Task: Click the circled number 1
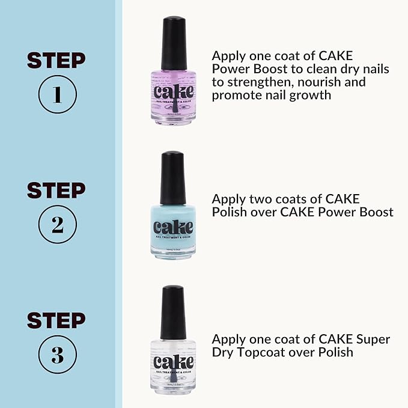point(56,94)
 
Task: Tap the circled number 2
point(56,225)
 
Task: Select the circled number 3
point(56,355)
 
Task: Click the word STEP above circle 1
point(56,61)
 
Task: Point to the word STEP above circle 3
point(56,321)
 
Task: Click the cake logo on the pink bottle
point(173,91)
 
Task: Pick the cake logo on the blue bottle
point(173,228)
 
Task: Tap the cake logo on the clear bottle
point(173,362)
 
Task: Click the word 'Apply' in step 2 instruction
point(228,199)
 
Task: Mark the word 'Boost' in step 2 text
point(376,212)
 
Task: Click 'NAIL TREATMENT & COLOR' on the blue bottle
point(173,239)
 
